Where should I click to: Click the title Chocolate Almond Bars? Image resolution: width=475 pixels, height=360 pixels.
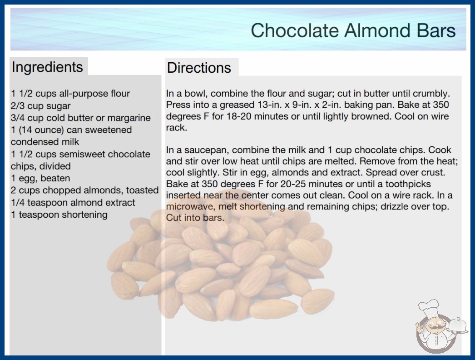pos(353,30)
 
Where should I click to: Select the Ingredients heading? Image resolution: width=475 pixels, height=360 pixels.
pos(47,67)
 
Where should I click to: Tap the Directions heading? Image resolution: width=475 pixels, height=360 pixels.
pos(199,68)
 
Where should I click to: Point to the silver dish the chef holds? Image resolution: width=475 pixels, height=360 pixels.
pos(458,326)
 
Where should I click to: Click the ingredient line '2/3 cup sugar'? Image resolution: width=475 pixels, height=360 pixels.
pos(40,106)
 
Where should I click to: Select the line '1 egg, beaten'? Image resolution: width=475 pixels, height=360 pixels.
pos(40,178)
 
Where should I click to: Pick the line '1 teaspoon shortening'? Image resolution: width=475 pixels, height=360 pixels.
pos(59,215)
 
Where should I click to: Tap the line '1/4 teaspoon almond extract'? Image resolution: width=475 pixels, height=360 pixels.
pos(73,202)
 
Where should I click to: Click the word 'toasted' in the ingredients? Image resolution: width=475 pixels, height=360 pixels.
pos(143,190)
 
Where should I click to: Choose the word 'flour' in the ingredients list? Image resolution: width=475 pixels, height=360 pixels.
pos(120,94)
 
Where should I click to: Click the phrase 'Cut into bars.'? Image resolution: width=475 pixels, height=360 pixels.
pos(195,218)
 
